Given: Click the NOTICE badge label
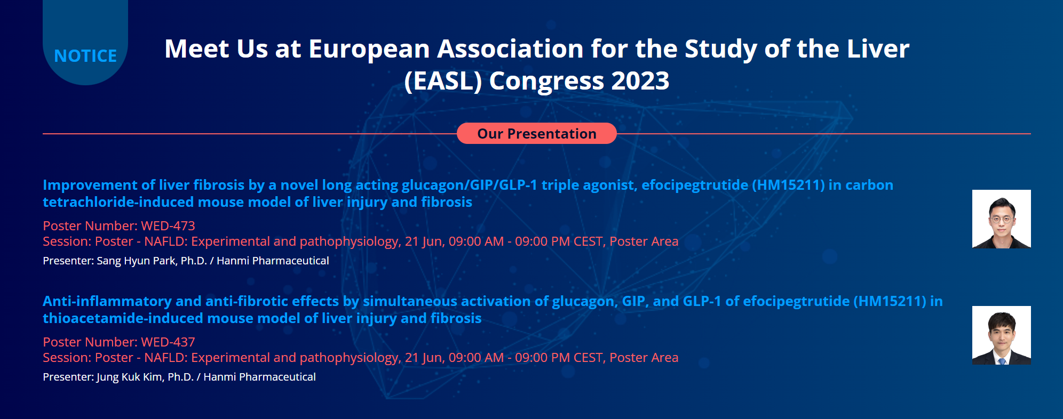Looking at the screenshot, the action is tap(85, 56).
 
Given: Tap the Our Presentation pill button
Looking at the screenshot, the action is tap(537, 133).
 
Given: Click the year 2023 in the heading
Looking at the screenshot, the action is tap(640, 81).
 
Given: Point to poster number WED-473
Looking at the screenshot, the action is tap(168, 226).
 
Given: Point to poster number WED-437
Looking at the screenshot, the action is tap(168, 342).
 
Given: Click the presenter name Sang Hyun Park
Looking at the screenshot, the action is tap(136, 261).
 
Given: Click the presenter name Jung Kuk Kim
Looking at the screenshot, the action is tap(130, 377).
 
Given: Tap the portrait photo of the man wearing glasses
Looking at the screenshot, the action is tap(1001, 219).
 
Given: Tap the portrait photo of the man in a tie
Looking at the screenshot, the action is tap(1001, 335).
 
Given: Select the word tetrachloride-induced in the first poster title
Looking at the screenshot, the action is tap(118, 202).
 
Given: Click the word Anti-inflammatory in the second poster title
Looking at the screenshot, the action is tap(107, 301).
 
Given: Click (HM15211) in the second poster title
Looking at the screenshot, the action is tap(890, 301).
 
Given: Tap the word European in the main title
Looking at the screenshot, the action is tap(369, 50).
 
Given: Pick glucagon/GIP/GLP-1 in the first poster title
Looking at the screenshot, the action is tap(470, 185).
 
